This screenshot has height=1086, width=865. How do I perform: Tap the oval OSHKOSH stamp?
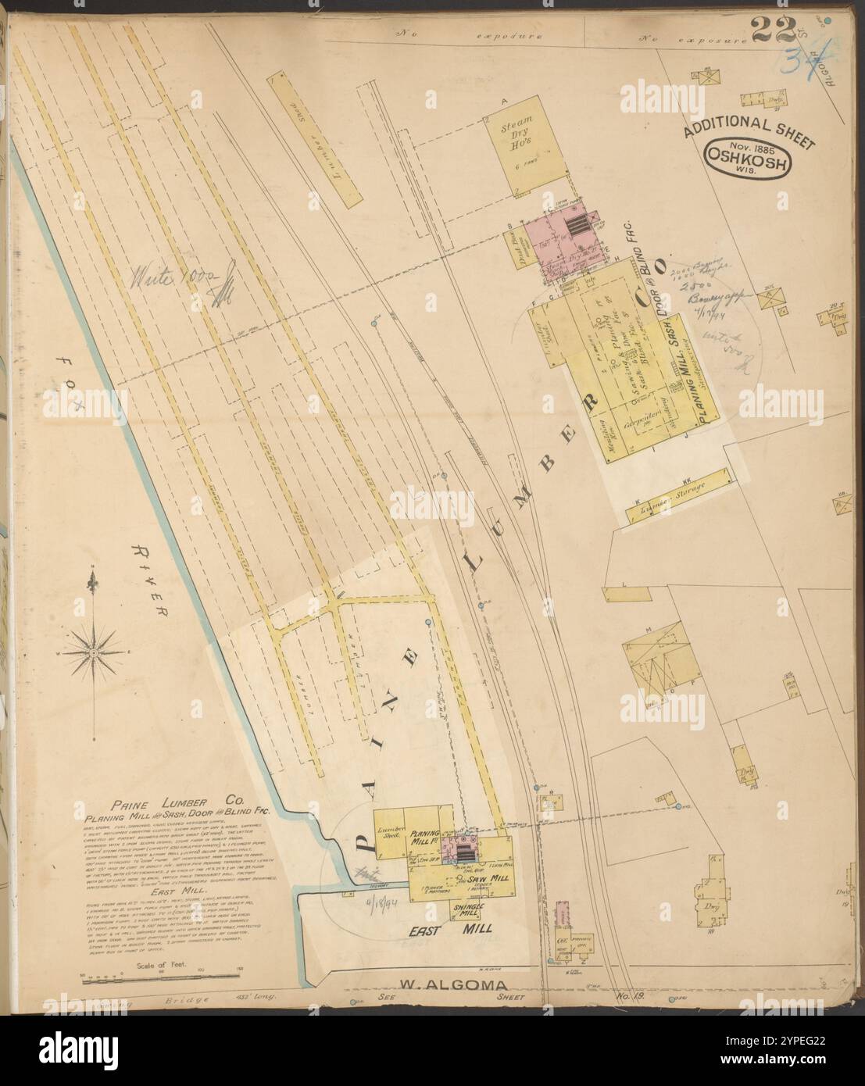[x=749, y=160]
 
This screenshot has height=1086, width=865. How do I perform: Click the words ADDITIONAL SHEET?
[x=749, y=130]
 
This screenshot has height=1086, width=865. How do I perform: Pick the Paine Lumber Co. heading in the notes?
[x=179, y=801]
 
